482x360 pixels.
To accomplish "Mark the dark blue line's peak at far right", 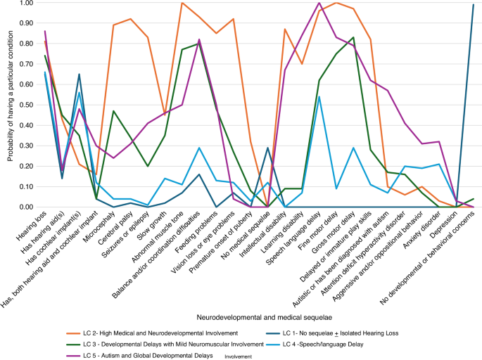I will [x=474, y=5].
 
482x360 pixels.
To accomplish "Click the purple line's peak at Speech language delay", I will [x=319, y=3].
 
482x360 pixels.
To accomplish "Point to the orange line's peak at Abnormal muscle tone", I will [x=182, y=3].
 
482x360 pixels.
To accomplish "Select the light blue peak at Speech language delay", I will [x=319, y=97].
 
